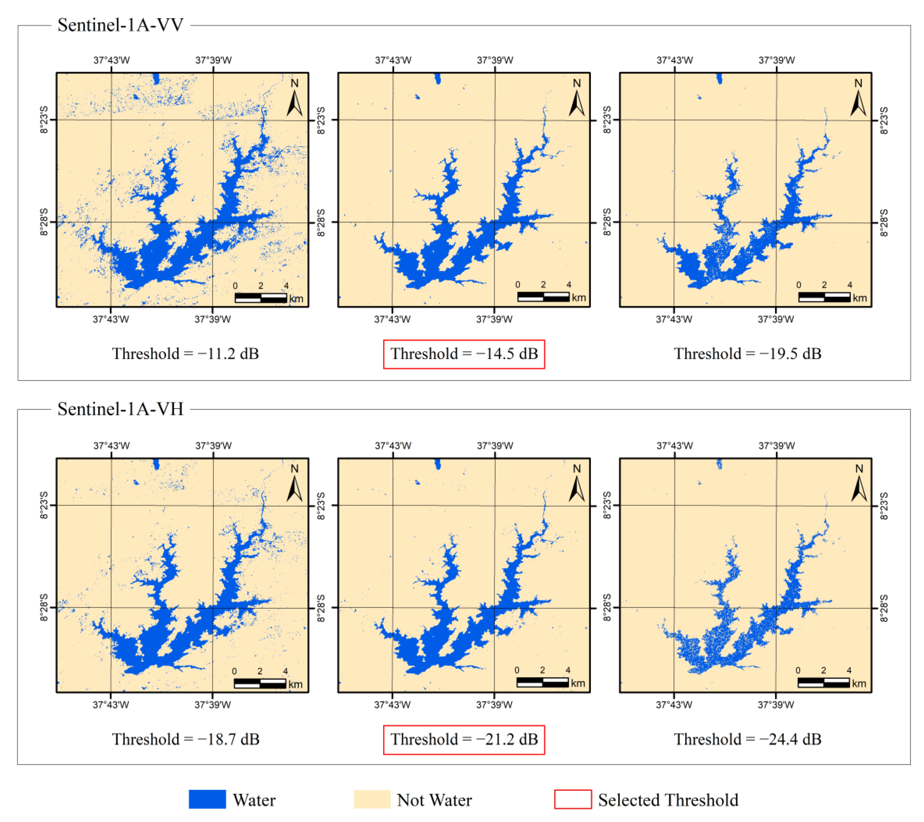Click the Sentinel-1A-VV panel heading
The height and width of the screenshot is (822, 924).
[120, 25]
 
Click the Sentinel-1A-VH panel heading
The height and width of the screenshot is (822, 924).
[120, 409]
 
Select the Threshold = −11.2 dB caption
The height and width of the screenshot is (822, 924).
[185, 354]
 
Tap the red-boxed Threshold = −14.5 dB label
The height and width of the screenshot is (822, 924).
[464, 354]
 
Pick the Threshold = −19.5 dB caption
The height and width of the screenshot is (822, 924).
[747, 354]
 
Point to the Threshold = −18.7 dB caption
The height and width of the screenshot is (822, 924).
[185, 739]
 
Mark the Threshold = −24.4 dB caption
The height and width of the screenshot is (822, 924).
[747, 739]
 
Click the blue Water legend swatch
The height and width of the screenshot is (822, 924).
[207, 799]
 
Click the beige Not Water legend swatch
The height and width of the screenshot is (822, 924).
[372, 799]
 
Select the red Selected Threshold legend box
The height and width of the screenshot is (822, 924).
[573, 799]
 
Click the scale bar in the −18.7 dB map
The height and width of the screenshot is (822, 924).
[260, 683]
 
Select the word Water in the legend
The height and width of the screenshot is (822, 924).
[254, 800]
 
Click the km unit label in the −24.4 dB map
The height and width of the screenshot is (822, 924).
[859, 683]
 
